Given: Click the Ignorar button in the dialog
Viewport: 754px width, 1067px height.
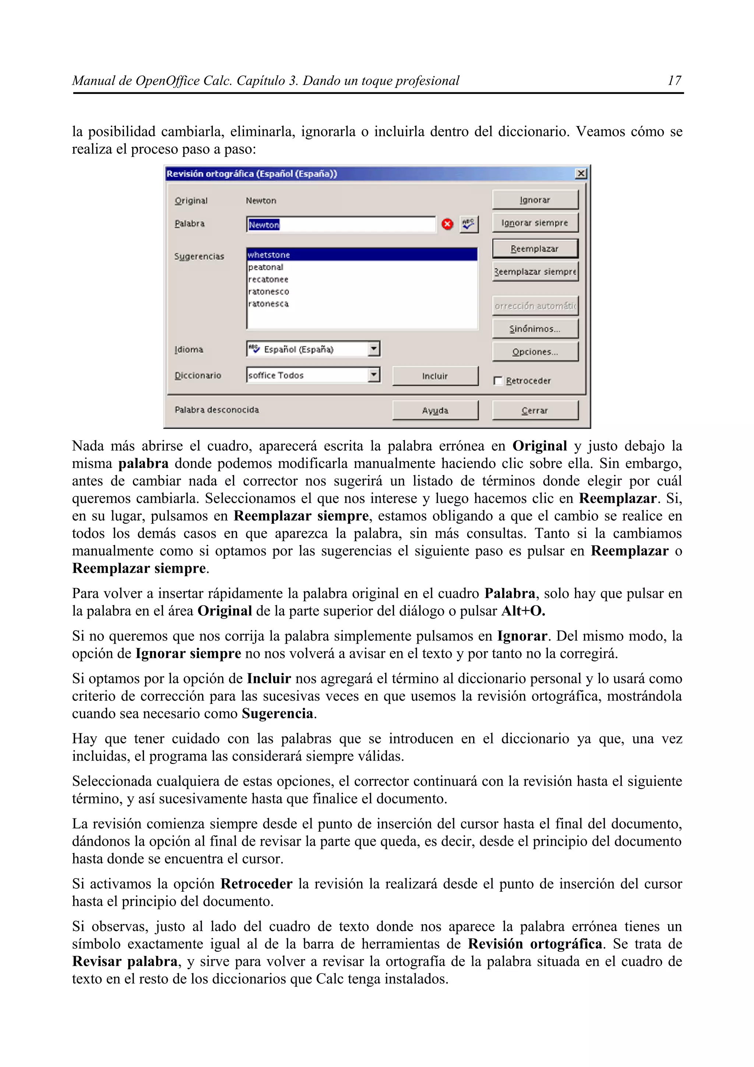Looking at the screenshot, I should click(535, 200).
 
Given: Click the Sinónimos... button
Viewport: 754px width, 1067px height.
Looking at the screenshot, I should click(535, 328).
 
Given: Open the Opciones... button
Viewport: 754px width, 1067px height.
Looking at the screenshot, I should click(535, 352).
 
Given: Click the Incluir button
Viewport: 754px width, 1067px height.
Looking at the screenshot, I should click(435, 376).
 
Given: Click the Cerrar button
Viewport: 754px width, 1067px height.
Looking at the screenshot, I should click(535, 411).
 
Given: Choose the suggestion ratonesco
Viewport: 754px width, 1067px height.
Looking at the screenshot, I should click(268, 291).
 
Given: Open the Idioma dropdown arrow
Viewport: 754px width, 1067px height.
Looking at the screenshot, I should click(374, 349).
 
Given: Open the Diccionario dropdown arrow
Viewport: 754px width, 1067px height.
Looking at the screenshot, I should click(374, 374).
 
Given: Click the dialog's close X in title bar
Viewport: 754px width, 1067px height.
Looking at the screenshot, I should click(581, 174).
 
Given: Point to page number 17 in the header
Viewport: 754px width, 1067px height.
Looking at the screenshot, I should click(674, 81).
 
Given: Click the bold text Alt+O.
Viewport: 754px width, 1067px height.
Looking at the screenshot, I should click(523, 611).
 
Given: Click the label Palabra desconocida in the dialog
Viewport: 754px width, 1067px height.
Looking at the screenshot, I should click(216, 410).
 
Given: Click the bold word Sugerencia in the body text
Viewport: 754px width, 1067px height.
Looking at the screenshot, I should click(277, 713).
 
